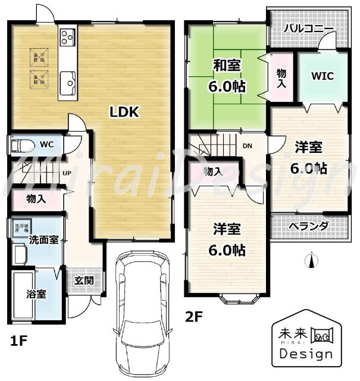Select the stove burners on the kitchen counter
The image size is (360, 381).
pyautogui.click(x=66, y=38)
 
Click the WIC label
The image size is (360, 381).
pyautogui.click(x=322, y=76)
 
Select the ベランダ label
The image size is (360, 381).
pyautogui.click(x=308, y=226)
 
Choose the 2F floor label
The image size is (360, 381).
pyautogui.click(x=195, y=316)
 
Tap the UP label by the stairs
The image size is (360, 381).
pyautogui.click(x=68, y=174)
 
